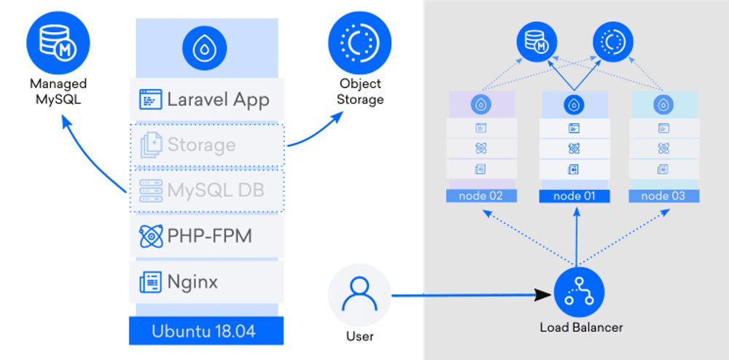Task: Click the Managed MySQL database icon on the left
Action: coord(58,42)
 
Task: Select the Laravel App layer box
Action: coord(206,100)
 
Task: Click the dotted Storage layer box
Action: coord(206,144)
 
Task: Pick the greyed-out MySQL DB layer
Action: coord(206,190)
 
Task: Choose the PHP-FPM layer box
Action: coord(206,236)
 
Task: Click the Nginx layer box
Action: coord(206,281)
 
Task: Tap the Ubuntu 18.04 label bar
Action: coord(203,330)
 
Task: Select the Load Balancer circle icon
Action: coord(577,295)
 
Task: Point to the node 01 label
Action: coord(573,196)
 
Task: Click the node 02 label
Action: coord(480,196)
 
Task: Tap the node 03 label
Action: coord(664,196)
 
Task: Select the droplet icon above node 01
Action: coord(573,105)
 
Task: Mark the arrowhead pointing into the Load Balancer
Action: coord(543,295)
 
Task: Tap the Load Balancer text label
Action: coord(581,327)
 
